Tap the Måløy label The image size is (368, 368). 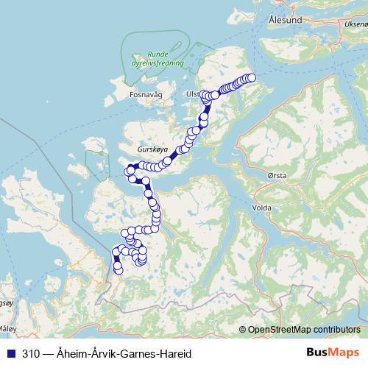(7, 328)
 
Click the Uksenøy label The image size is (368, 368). (352, 24)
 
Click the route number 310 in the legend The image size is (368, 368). (31, 354)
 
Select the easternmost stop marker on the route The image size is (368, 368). (252, 77)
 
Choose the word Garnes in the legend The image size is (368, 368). (137, 354)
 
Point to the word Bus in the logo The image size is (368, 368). (318, 353)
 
